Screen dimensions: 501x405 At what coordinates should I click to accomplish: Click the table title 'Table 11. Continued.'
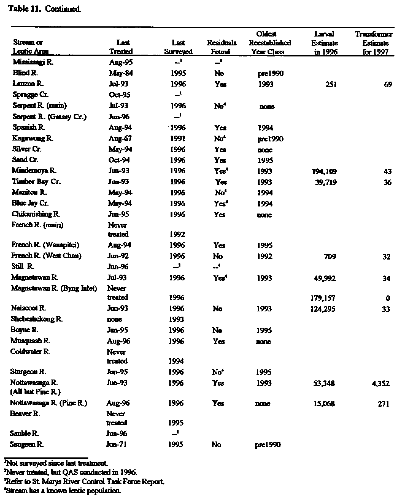pyautogui.click(x=45, y=9)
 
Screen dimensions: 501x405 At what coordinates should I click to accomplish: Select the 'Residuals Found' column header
pyautogui.click(x=222, y=47)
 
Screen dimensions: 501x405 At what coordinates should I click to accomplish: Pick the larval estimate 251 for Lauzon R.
pyautogui.click(x=331, y=84)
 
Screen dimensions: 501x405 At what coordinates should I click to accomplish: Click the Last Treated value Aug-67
pyautogui.click(x=120, y=138)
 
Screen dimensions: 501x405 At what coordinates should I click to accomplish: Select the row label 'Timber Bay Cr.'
pyautogui.click(x=36, y=181)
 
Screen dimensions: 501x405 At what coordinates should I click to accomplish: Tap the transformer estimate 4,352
pyautogui.click(x=380, y=383)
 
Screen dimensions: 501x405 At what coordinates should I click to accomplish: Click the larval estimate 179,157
pyautogui.click(x=324, y=298)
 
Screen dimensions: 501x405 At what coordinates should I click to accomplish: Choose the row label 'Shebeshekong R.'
pyautogui.click(x=37, y=319)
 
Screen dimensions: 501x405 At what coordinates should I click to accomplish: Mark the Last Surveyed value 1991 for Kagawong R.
pyautogui.click(x=178, y=139)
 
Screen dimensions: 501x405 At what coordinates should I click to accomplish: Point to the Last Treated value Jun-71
pyautogui.click(x=116, y=444)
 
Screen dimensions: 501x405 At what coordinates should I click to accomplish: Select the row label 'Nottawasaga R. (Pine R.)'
pyautogui.click(x=48, y=403)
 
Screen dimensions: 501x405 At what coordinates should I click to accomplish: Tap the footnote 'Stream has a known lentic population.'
pyautogui.click(x=62, y=491)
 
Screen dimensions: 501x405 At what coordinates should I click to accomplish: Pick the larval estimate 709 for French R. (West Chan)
pyautogui.click(x=330, y=256)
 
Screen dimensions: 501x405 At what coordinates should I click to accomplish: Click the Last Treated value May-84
pyautogui.click(x=121, y=73)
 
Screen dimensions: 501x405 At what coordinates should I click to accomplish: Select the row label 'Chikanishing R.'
pyautogui.click(x=36, y=214)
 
